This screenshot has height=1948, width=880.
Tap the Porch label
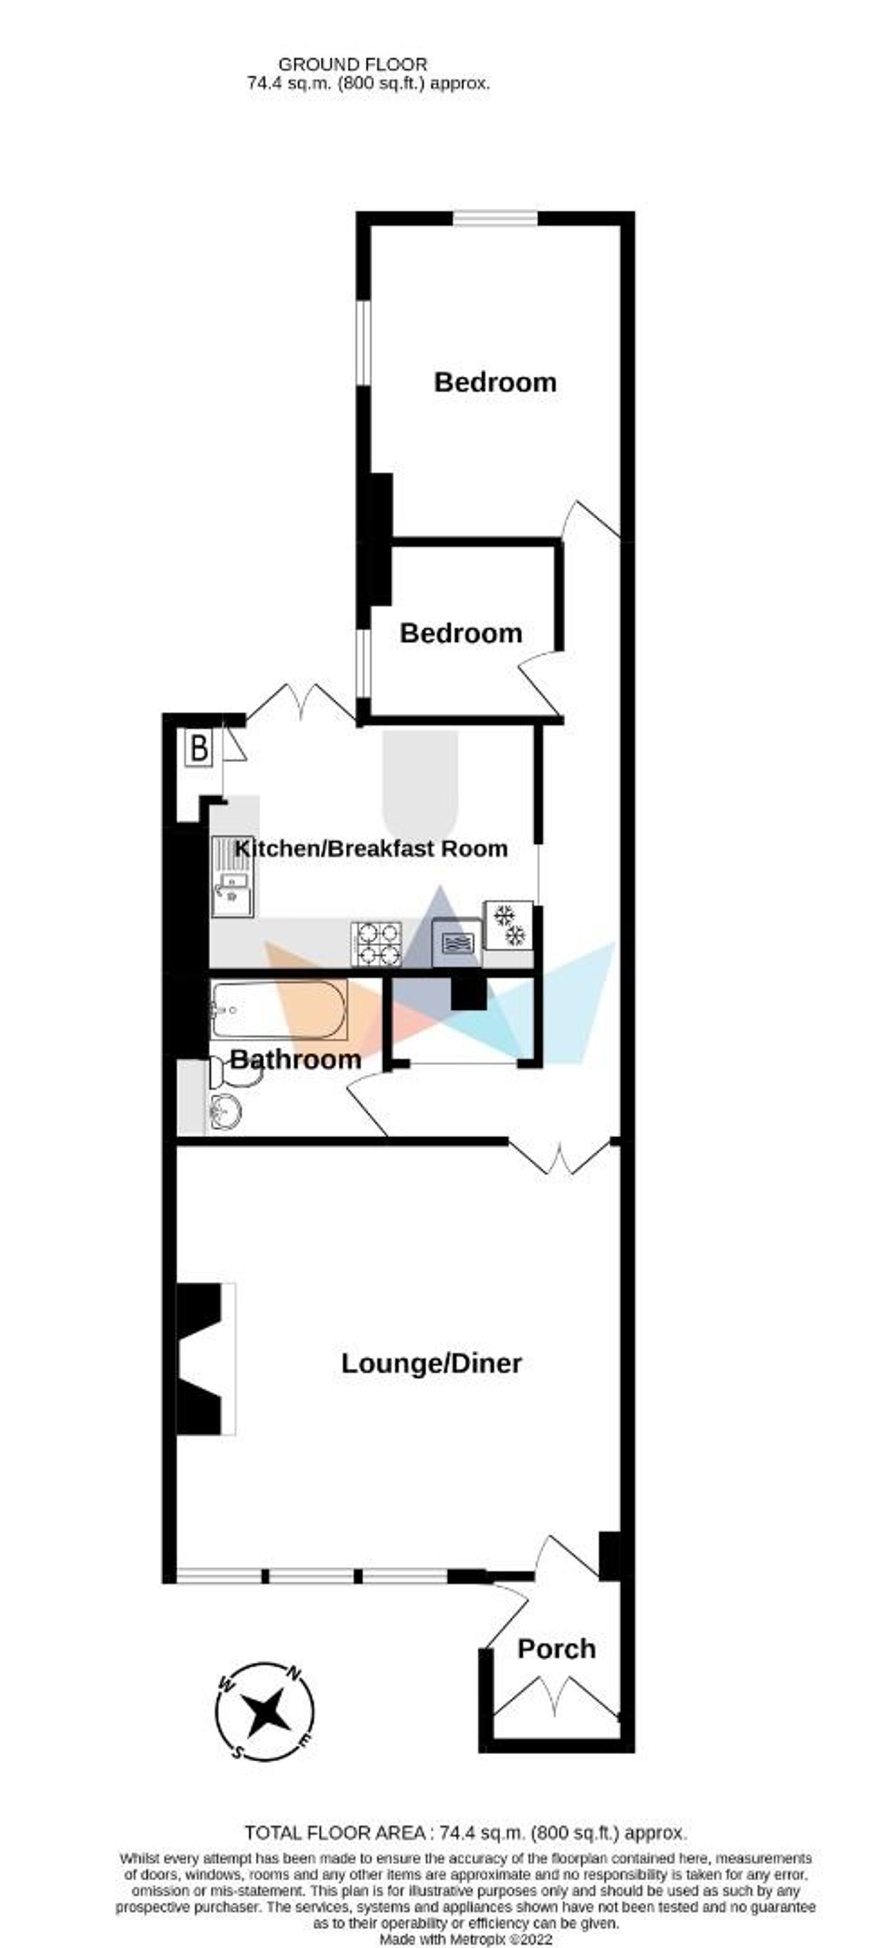point(557,1649)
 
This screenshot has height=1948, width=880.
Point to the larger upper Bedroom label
point(495,382)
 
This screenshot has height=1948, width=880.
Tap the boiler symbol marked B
point(199,749)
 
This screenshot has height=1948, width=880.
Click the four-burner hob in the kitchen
point(376,944)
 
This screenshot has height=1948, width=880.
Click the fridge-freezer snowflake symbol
point(509,925)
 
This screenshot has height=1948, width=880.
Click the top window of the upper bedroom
point(495,219)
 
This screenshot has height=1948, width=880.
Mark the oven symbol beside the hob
point(456,941)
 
